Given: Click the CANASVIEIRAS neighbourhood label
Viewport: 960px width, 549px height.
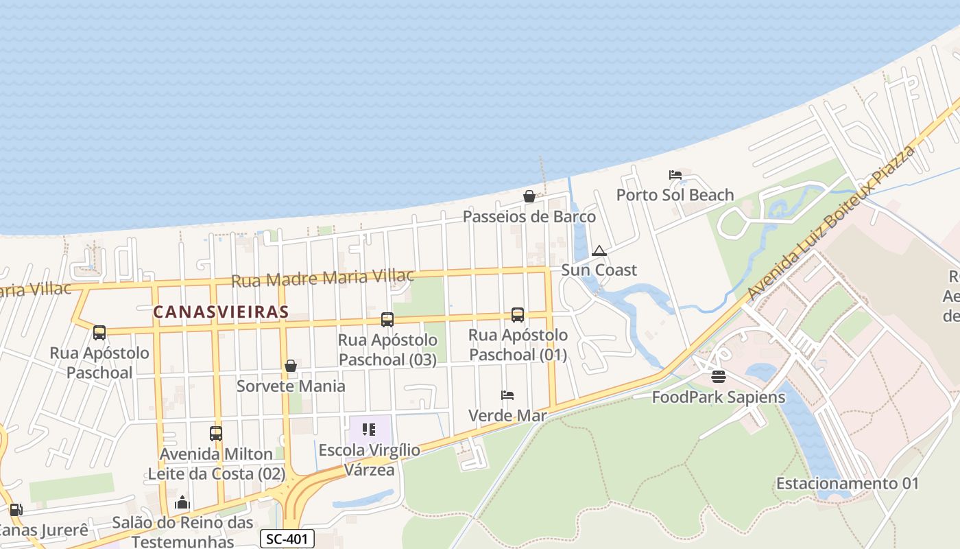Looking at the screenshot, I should [221, 312].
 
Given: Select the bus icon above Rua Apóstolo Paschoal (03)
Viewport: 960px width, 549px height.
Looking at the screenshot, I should [387, 319].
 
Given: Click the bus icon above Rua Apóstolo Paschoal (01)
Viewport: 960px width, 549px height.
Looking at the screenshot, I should [518, 314].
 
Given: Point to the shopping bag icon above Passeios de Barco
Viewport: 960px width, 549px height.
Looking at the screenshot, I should [529, 196].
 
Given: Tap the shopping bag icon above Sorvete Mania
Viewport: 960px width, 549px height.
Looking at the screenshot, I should [291, 366].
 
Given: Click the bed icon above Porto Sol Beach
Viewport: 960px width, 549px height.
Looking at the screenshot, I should [675, 175].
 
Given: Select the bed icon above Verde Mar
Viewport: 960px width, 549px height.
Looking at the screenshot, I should [507, 395].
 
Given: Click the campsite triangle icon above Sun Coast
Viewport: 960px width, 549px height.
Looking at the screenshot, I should [599, 250].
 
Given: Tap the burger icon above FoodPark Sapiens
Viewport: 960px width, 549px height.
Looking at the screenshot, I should [719, 377].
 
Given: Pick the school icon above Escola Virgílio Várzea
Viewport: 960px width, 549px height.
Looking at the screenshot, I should [369, 430].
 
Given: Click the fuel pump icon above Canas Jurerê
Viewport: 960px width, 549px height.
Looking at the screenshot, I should [15, 510].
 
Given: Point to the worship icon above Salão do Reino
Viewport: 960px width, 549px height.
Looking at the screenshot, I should [182, 503].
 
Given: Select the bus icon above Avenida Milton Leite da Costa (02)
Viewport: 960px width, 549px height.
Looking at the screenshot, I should [216, 434].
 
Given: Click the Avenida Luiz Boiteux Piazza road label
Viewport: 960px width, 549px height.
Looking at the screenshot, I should [831, 222].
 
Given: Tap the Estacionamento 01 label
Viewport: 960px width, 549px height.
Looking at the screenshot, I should [847, 483].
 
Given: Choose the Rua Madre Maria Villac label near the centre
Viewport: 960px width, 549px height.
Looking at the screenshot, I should [322, 278].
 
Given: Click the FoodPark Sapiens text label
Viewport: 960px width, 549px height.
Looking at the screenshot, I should [719, 397].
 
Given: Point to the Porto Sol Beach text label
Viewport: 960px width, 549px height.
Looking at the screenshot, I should [675, 195].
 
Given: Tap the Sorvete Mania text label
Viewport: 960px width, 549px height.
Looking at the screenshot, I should [291, 386].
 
